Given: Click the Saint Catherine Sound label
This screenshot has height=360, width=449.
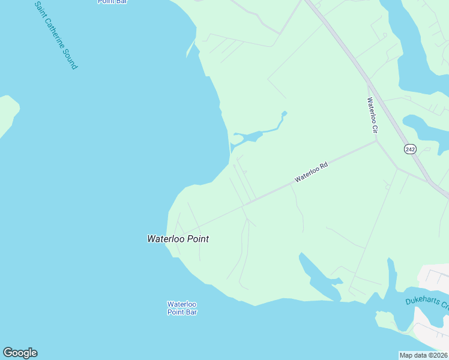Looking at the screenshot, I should pos(56,35).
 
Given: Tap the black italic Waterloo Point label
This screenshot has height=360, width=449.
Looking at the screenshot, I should pos(178,239).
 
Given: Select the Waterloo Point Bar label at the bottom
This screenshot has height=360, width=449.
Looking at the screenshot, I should pos(182,308).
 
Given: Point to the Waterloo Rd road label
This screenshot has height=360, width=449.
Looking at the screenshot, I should pos(310,173).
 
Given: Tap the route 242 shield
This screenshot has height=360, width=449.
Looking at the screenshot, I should pos(410,149).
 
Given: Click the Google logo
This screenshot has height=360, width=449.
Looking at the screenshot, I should pos(20,353).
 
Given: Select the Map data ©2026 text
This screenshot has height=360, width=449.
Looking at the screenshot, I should pos(424,355).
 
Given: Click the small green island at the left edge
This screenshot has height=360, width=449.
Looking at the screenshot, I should pos(7,114).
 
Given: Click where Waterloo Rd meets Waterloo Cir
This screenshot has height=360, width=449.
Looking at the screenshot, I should pos(376,142).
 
